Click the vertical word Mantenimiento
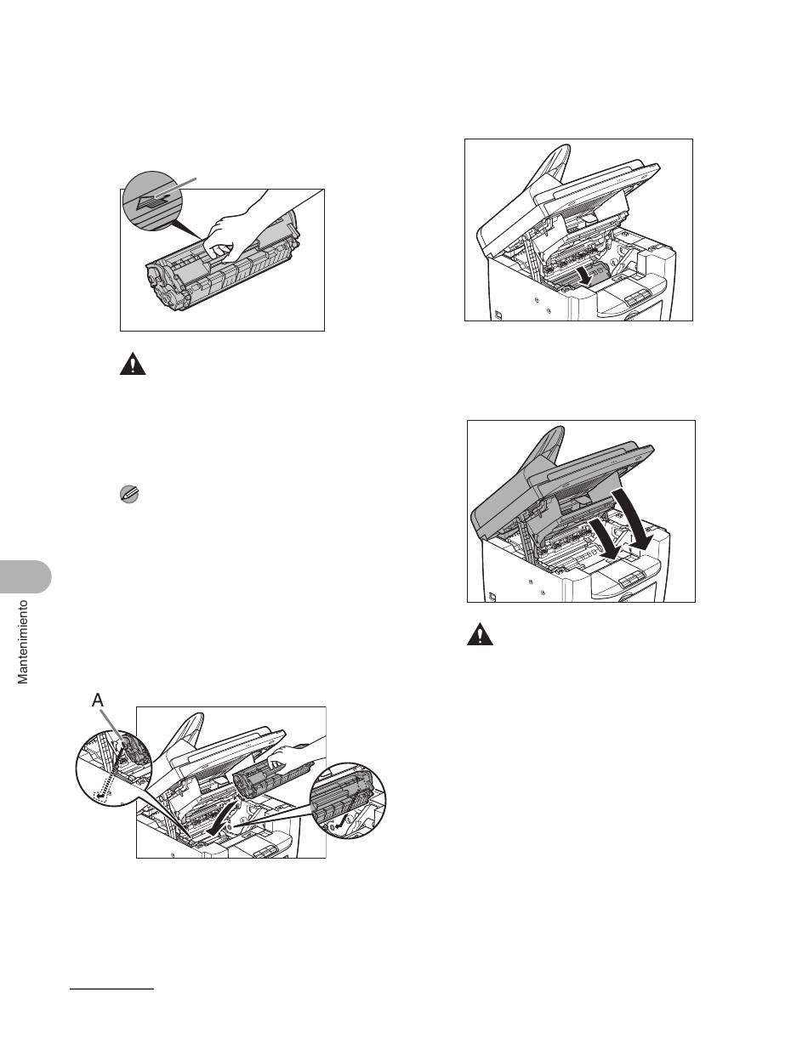23,642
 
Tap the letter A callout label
98,701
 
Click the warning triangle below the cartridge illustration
133,364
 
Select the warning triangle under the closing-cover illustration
480,634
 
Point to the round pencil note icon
129,494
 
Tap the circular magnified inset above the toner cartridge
154,201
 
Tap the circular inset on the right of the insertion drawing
347,802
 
